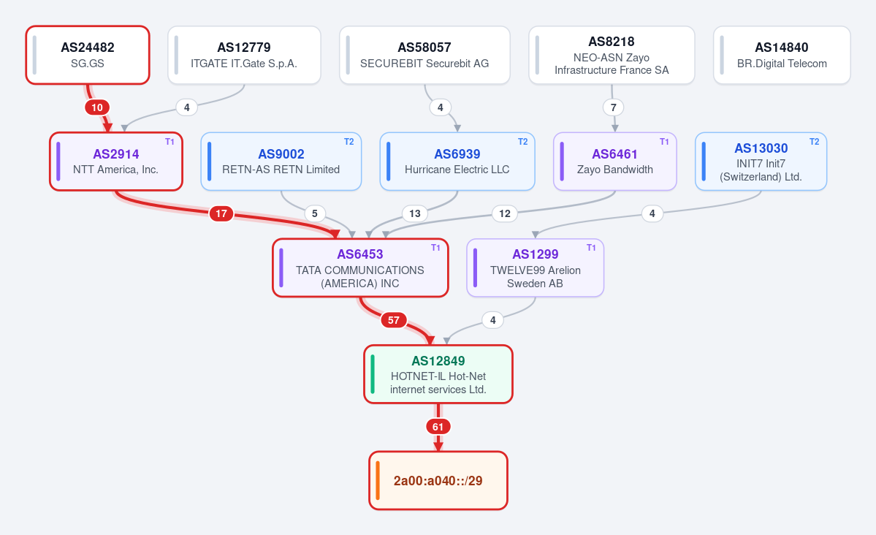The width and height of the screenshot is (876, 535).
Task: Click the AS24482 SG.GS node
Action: point(88,56)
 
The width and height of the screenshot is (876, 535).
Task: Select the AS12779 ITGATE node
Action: point(244,56)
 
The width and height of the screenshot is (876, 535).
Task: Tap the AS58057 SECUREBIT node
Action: point(424,56)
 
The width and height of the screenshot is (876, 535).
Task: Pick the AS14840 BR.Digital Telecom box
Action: point(782,56)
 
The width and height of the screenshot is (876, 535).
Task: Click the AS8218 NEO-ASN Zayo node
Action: point(612,56)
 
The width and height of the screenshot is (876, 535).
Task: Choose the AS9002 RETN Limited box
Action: point(281,162)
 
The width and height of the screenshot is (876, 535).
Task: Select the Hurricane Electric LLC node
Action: point(457,162)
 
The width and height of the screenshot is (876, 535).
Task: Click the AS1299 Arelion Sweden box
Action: point(536,267)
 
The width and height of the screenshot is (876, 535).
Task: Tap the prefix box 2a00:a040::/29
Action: point(438,481)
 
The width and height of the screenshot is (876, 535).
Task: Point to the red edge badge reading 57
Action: point(394,320)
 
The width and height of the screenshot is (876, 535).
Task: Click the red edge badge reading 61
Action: point(438,427)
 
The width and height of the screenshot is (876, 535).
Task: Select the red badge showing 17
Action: point(221,213)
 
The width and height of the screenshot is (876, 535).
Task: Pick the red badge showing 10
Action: point(97,107)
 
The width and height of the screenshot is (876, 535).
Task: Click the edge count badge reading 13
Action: point(414,213)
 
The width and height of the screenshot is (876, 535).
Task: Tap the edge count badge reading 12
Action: point(504,213)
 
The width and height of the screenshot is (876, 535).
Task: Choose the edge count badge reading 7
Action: point(614,107)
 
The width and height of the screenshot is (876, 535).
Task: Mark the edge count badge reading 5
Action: point(315,213)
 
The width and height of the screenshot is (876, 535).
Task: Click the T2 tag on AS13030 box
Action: point(815,142)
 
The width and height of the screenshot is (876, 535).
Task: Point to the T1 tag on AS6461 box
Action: point(664,142)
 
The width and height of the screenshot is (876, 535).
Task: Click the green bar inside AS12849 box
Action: point(373,374)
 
